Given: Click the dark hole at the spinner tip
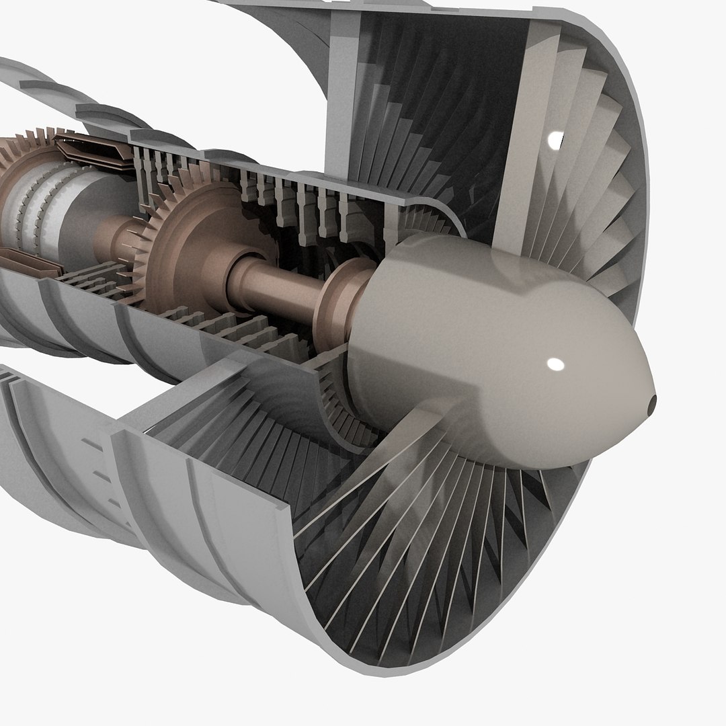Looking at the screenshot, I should pyautogui.click(x=651, y=403).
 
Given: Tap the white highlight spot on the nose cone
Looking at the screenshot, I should pyautogui.click(x=555, y=364).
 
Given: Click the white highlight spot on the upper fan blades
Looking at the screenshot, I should pyautogui.click(x=555, y=140).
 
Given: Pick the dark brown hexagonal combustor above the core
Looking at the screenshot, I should pyautogui.click(x=91, y=151).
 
